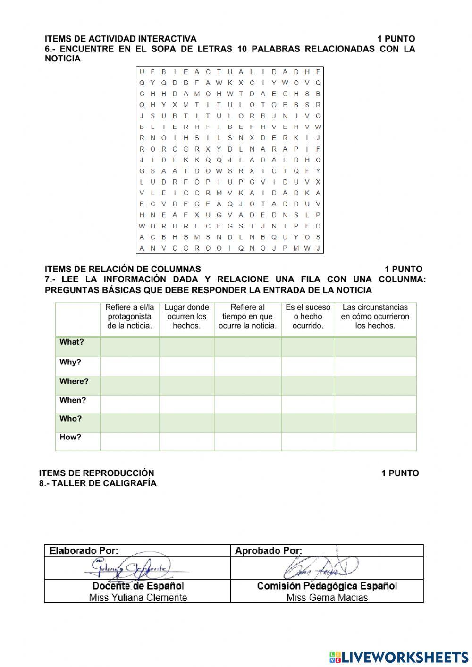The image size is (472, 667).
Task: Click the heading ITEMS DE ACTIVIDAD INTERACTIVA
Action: [120, 39]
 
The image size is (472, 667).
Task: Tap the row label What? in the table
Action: [72, 342]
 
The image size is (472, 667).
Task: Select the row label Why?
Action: [70, 363]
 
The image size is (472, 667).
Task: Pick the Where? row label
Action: [74, 381]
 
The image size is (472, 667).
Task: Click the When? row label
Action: [73, 400]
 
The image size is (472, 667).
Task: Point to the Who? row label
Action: [71, 419]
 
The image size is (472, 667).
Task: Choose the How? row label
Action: [70, 437]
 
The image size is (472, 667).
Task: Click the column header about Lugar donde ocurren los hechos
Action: [186, 317]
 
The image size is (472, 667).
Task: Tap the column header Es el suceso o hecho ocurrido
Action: [308, 317]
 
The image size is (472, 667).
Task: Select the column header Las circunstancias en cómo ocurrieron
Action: [375, 317]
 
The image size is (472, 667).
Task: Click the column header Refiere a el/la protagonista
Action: [129, 317]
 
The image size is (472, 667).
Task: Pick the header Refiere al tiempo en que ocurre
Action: [247, 317]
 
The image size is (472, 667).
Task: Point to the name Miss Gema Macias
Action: [327, 598]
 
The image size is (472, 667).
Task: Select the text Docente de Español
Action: [138, 586]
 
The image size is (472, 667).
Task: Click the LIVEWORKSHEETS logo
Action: [399, 657]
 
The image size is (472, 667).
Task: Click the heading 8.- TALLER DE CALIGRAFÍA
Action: [98, 483]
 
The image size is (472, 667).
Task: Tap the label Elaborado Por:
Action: [84, 550]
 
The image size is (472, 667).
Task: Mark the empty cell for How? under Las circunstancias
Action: [375, 441]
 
